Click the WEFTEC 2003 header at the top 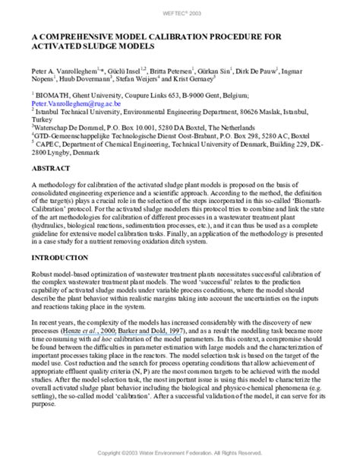180,13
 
